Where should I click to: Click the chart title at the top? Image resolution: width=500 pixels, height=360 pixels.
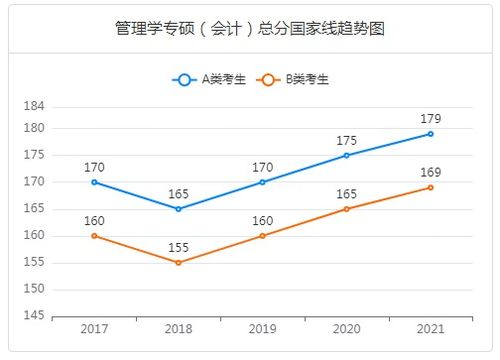coord(250,28)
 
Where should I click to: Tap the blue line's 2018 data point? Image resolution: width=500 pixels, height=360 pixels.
coord(178,209)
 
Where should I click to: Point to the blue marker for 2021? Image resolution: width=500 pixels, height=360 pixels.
coord(430,133)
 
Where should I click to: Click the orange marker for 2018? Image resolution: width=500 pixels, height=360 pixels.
coord(178,262)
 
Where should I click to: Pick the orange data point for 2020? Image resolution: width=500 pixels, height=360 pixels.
coord(346,208)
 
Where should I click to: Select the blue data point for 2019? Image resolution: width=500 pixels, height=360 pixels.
coord(262,182)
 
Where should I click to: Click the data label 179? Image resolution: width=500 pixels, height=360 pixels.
coord(430,118)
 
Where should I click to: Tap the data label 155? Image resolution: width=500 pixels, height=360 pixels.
coord(178,247)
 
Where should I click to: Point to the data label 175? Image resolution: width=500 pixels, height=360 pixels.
coord(346,140)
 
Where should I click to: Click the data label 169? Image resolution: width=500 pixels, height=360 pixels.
coord(430,172)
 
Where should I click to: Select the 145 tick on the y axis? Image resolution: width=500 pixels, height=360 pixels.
coord(34,316)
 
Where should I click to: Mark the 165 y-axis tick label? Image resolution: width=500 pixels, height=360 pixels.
coord(34,208)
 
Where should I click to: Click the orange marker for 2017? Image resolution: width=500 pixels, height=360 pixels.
coord(94,236)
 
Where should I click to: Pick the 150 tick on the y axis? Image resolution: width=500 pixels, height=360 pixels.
coord(34,289)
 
